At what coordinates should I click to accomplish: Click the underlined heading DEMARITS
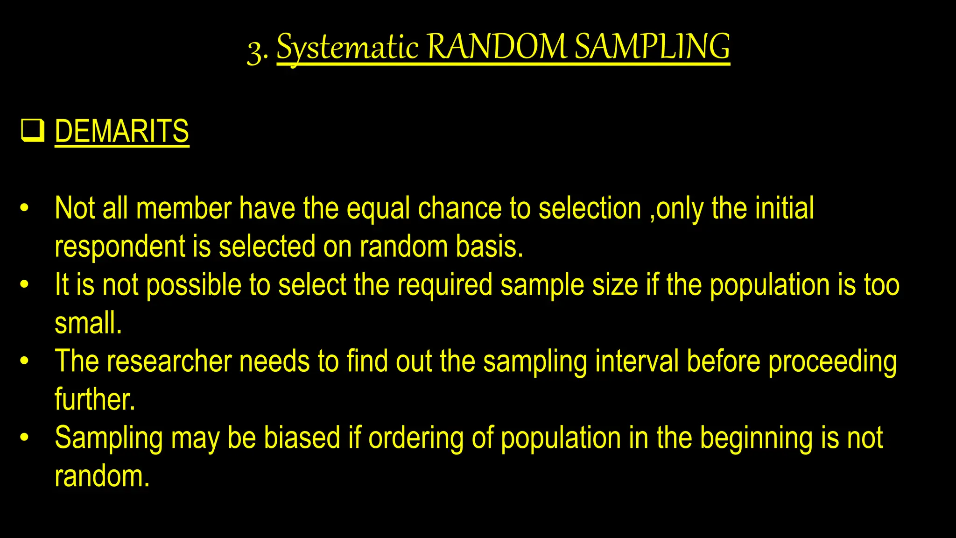[122, 131]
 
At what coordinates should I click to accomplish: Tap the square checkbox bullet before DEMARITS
[33, 131]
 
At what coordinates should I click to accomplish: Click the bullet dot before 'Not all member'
[25, 208]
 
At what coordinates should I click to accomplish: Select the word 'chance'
[459, 208]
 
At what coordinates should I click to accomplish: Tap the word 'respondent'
[120, 247]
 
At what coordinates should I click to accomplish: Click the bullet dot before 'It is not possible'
[25, 284]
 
